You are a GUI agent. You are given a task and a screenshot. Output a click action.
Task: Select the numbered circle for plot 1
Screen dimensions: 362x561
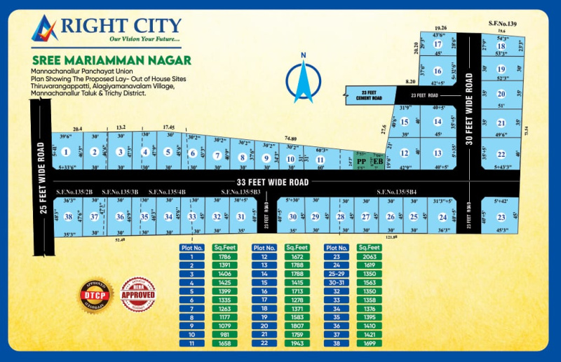tap(66, 152)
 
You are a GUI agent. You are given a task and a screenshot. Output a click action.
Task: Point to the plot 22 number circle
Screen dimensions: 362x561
tap(501, 154)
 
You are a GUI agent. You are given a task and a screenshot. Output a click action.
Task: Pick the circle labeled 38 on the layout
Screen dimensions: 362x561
tap(68, 217)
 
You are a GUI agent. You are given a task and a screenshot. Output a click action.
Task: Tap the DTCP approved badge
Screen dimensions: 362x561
tap(96, 295)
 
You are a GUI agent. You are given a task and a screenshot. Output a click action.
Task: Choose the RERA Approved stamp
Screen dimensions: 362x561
tap(138, 295)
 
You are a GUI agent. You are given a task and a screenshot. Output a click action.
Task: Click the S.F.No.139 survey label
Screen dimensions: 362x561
tap(502, 25)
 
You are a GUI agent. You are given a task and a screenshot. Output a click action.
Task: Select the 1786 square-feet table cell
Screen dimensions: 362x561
tap(226, 257)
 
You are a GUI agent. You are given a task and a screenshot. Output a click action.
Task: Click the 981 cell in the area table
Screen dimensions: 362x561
tap(226, 334)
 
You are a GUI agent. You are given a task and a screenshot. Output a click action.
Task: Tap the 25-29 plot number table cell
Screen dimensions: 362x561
tap(334, 274)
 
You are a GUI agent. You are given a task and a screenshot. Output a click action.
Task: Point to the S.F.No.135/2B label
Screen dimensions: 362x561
tap(77, 191)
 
